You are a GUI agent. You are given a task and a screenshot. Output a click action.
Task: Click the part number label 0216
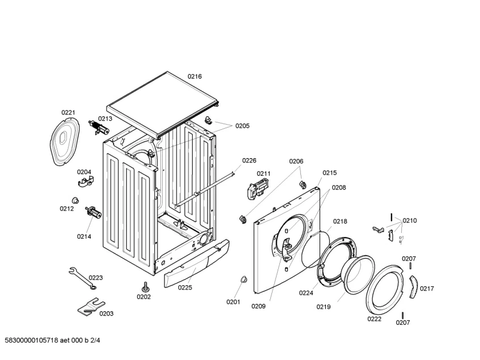click(x=194, y=77)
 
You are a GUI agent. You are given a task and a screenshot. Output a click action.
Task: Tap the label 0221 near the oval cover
click(x=68, y=113)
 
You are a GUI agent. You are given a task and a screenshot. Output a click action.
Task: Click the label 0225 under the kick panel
click(x=185, y=287)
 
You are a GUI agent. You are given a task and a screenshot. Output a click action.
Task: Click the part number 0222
click(x=374, y=319)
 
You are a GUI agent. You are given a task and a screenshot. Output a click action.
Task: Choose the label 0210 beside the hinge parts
click(x=410, y=221)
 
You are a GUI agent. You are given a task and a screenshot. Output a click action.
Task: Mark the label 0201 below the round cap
click(x=233, y=302)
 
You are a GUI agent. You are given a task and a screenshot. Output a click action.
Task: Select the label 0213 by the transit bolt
click(x=105, y=118)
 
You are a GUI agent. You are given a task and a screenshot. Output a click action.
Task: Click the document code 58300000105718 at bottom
click(x=52, y=340)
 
